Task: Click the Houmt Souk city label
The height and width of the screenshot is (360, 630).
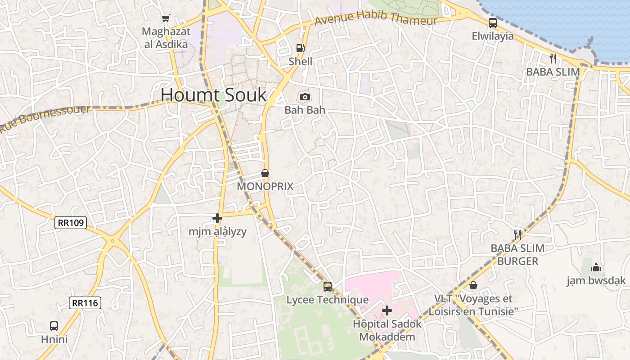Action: coord(213,95)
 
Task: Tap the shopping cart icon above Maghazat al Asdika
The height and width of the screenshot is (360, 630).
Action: coord(166,18)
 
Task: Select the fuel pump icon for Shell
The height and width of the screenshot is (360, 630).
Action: coord(300,48)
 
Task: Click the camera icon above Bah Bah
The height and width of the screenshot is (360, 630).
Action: coord(305,97)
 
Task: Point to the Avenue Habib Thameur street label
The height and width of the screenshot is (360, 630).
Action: coord(376,19)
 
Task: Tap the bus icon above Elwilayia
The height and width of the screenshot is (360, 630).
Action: coord(493,22)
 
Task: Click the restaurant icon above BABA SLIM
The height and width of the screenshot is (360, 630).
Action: coord(553,58)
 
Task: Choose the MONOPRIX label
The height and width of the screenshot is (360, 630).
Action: coord(265,186)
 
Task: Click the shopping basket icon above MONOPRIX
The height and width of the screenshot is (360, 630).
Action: coord(265,173)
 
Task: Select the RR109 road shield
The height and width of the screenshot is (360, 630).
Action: coord(71,222)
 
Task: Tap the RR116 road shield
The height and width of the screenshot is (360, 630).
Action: coord(85,303)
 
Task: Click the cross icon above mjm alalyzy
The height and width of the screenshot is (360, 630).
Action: coord(217,218)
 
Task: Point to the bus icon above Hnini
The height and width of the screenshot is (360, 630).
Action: coord(54,326)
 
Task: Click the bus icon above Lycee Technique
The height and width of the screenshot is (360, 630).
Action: coord(328,286)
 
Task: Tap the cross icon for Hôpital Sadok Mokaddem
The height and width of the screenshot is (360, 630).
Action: coord(387,310)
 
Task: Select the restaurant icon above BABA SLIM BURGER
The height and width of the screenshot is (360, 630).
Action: coord(517,234)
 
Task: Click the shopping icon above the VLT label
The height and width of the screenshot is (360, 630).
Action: coord(473,285)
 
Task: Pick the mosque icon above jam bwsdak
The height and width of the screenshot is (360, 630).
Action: coord(596,267)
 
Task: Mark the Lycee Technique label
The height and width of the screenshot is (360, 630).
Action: coord(328,300)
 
